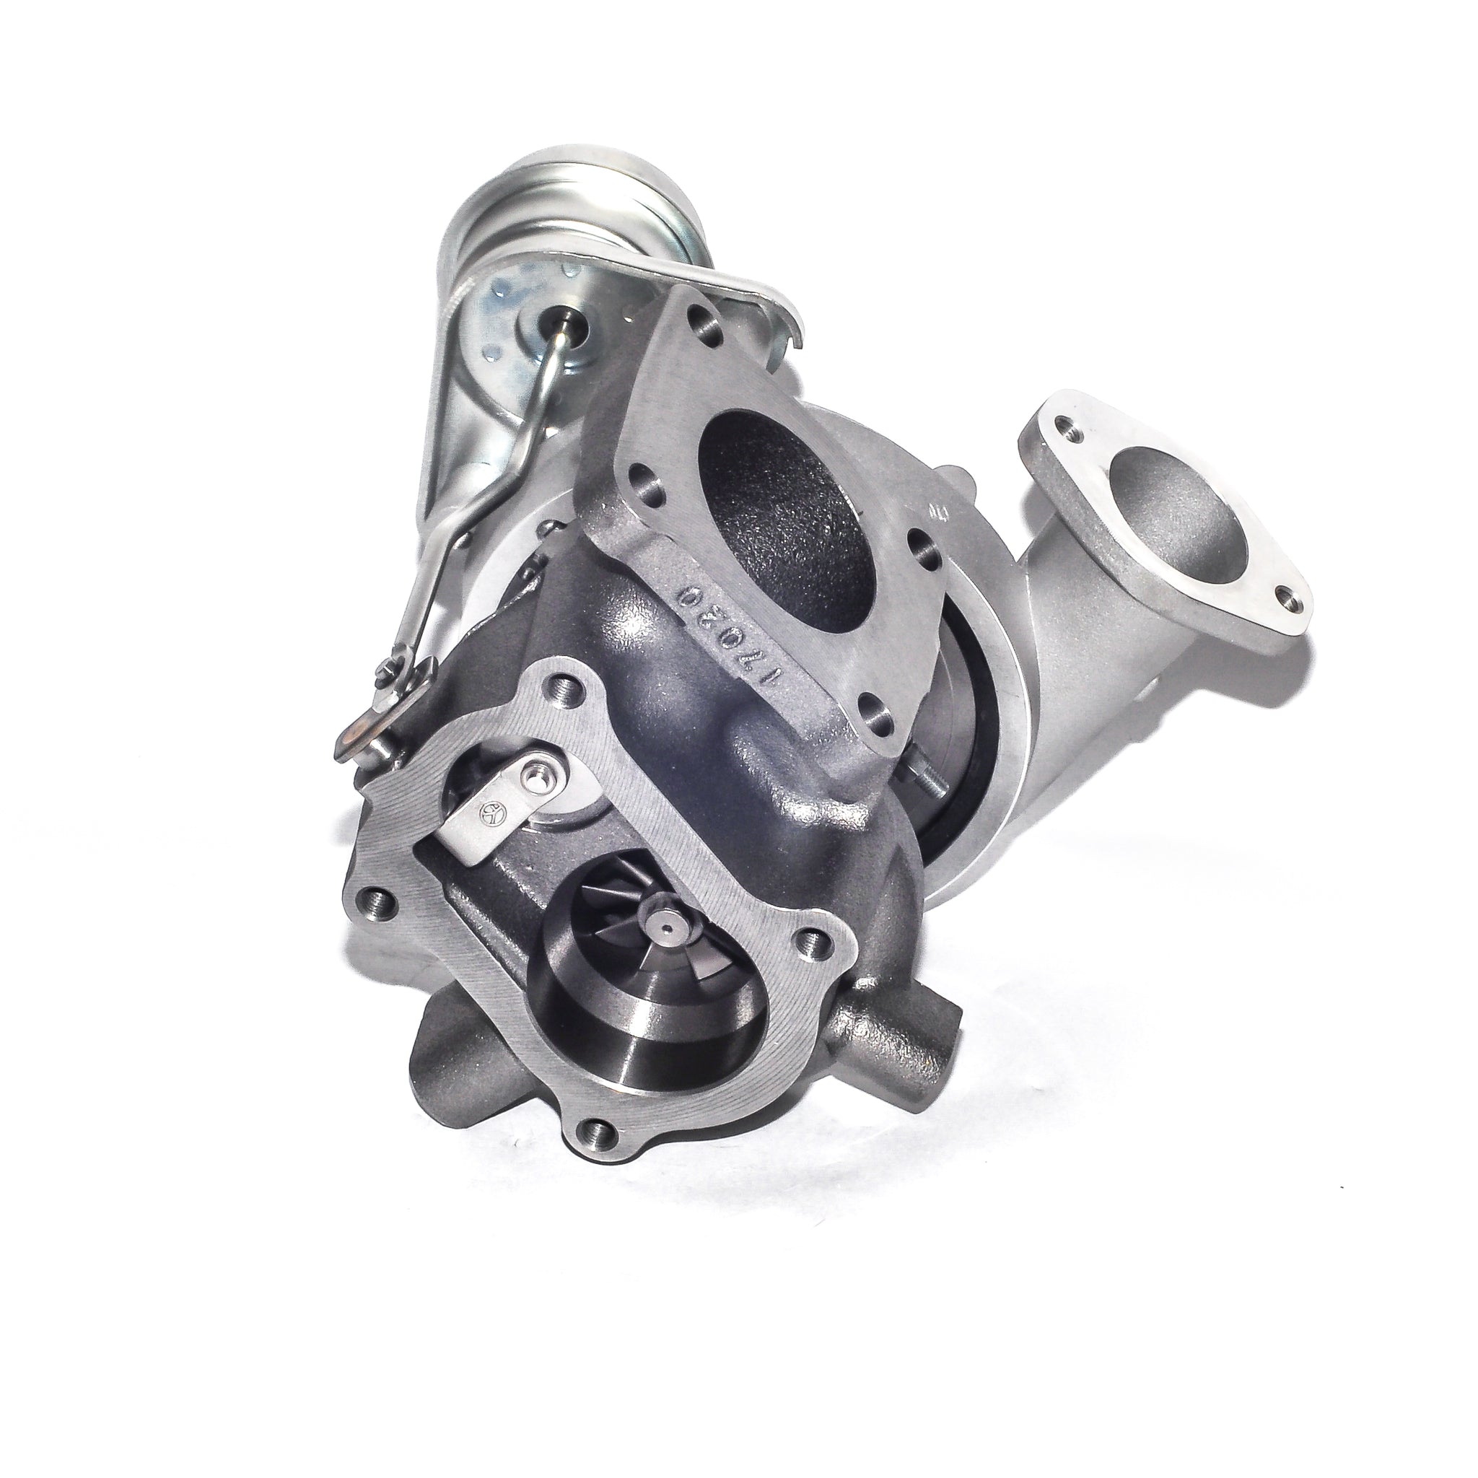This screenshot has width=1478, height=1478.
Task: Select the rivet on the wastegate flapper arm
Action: click(x=536, y=781)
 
